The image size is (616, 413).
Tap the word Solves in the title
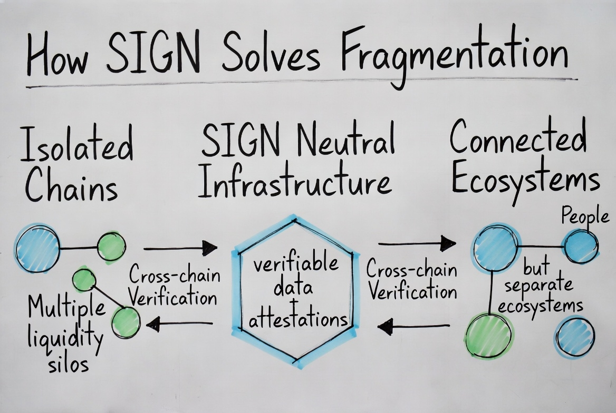coord(271,54)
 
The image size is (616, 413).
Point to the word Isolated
coord(76,143)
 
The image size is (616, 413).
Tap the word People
coord(584,216)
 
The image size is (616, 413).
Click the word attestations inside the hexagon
coord(298,319)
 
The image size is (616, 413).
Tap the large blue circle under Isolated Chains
coord(37,248)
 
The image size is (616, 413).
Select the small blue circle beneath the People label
coord(580,246)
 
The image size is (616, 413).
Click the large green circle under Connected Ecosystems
coord(489,336)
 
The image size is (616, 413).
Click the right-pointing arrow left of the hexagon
coord(180,248)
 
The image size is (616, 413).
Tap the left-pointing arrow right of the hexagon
coord(414,327)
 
